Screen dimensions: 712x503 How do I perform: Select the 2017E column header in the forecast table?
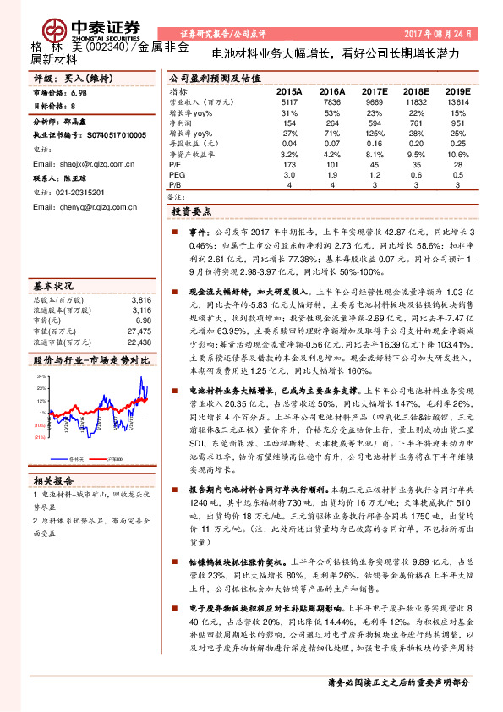pyautogui.click(x=372, y=91)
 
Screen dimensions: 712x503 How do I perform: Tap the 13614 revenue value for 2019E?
pyautogui.click(x=457, y=101)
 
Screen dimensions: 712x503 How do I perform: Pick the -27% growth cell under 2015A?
pyautogui.click(x=289, y=134)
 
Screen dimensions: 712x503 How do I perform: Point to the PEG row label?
pyautogui.click(x=177, y=174)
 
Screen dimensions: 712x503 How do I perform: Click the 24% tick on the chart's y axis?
pyautogui.click(x=41, y=375)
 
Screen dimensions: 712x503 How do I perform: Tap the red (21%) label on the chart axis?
pyautogui.click(x=40, y=436)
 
